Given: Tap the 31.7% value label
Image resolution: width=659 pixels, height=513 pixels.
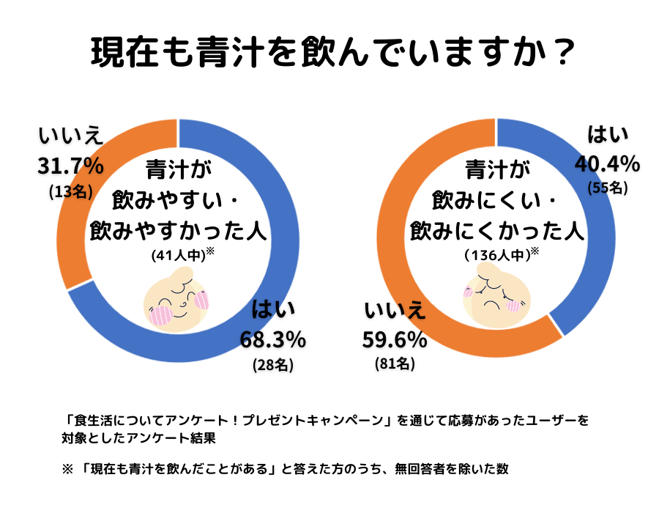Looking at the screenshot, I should coord(70,166).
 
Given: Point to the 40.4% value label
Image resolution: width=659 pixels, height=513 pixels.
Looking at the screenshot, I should coord(607,163).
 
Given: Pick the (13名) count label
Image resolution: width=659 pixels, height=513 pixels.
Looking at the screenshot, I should coord(70,191).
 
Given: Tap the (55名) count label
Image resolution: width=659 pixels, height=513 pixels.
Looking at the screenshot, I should coord(608,187).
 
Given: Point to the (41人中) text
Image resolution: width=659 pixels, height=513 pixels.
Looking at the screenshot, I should coord(177,256).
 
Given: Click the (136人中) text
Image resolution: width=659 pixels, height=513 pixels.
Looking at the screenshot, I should coord(496,255).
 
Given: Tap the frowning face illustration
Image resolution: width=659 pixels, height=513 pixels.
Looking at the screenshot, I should coord(493,295).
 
